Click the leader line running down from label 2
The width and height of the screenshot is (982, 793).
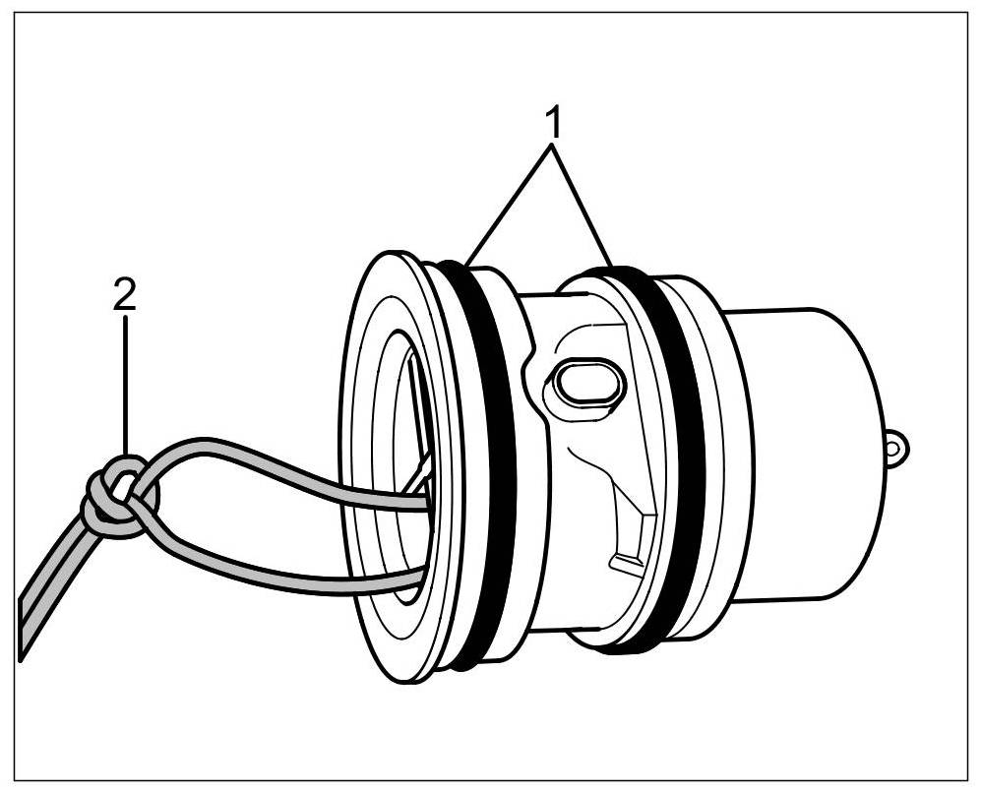[x=125, y=384]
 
